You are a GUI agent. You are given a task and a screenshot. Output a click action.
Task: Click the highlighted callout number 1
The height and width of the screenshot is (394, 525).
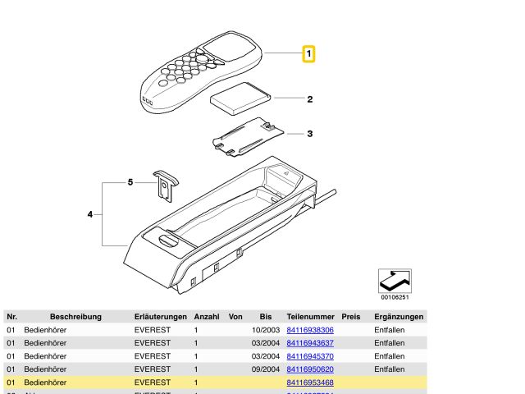click(x=309, y=54)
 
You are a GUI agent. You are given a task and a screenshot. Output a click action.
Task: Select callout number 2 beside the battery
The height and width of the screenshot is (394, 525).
click(x=310, y=100)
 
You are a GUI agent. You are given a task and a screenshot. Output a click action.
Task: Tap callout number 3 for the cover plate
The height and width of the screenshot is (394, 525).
click(x=310, y=133)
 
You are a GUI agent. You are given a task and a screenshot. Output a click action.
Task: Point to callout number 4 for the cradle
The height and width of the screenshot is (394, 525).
click(x=90, y=215)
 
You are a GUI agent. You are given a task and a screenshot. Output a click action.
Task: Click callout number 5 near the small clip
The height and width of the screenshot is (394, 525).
click(x=130, y=182)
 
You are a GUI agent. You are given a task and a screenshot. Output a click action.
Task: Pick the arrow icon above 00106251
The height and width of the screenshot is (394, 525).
click(x=394, y=281)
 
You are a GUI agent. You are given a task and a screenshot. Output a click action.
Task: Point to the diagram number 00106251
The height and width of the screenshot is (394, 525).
click(x=395, y=298)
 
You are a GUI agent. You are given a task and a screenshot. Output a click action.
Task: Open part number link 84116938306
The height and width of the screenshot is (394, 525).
click(x=310, y=330)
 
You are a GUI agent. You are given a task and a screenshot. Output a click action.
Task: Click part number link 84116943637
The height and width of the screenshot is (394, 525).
click(x=310, y=343)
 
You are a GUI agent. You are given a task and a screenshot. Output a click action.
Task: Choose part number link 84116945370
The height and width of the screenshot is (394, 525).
click(x=310, y=356)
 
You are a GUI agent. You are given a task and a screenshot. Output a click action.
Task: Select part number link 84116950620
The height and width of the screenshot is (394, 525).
click(x=310, y=369)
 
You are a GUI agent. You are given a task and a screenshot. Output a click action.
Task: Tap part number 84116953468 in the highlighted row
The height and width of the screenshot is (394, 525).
click(x=310, y=383)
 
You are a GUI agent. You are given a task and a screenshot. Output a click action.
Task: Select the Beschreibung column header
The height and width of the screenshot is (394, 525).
click(x=75, y=316)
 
